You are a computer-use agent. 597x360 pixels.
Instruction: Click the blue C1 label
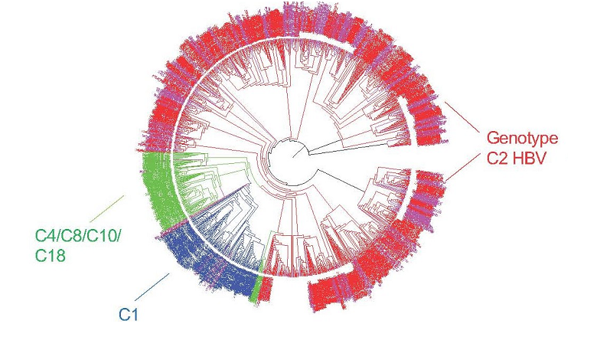(128, 313)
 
